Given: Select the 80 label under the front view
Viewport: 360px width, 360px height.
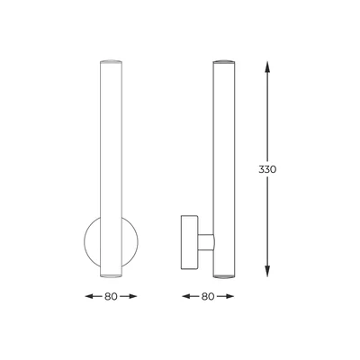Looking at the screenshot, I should [109, 294].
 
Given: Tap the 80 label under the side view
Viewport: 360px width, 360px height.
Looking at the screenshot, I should [208, 294].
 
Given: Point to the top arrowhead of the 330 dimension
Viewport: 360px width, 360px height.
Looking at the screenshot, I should [268, 66].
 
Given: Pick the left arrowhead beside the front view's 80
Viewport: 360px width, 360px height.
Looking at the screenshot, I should [89, 294].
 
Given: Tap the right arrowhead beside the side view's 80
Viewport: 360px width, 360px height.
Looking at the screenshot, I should [228, 294].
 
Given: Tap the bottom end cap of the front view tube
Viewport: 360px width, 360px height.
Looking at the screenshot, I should [109, 272].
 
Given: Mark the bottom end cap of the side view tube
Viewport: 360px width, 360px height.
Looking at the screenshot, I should [223, 272].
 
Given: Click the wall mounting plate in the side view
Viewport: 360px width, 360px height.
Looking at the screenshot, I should [190, 240].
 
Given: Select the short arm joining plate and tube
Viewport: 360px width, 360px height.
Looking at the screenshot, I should [205, 240].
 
